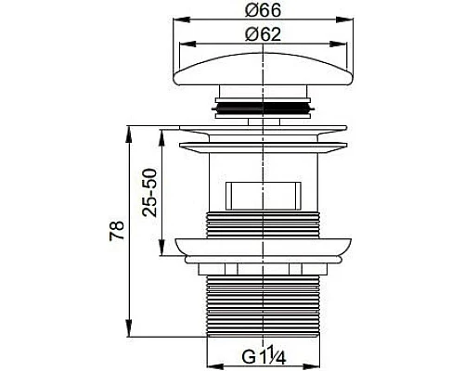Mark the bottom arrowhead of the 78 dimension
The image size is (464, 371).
click(x=126, y=335)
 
